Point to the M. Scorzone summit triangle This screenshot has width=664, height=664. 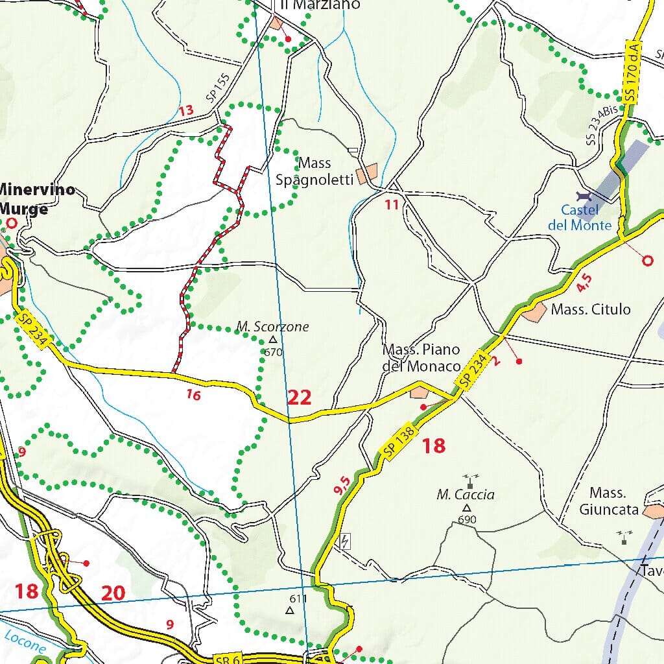[x=273, y=339]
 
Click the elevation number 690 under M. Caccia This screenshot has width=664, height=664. [x=467, y=520]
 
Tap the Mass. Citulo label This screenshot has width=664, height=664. [x=590, y=309]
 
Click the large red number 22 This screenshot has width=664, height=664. [x=300, y=397]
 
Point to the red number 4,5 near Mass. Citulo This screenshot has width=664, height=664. [x=584, y=282]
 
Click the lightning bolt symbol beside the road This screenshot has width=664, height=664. [x=345, y=541]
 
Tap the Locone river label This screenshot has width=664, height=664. [x=25, y=642]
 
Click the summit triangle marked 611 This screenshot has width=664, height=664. [x=290, y=610]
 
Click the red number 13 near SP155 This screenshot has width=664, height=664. [x=186, y=111]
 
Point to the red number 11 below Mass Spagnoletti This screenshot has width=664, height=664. [x=390, y=205]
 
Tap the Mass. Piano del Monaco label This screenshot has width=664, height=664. [x=421, y=358]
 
